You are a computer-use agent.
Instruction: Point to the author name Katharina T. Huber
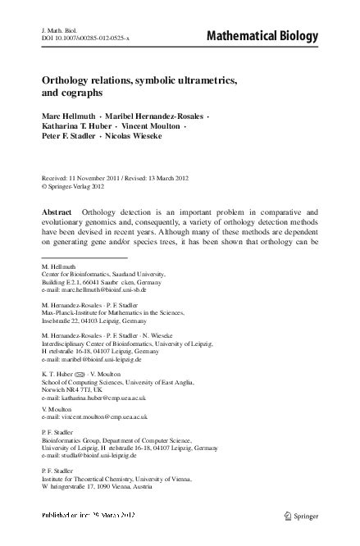pyautogui.click(x=78, y=125)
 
